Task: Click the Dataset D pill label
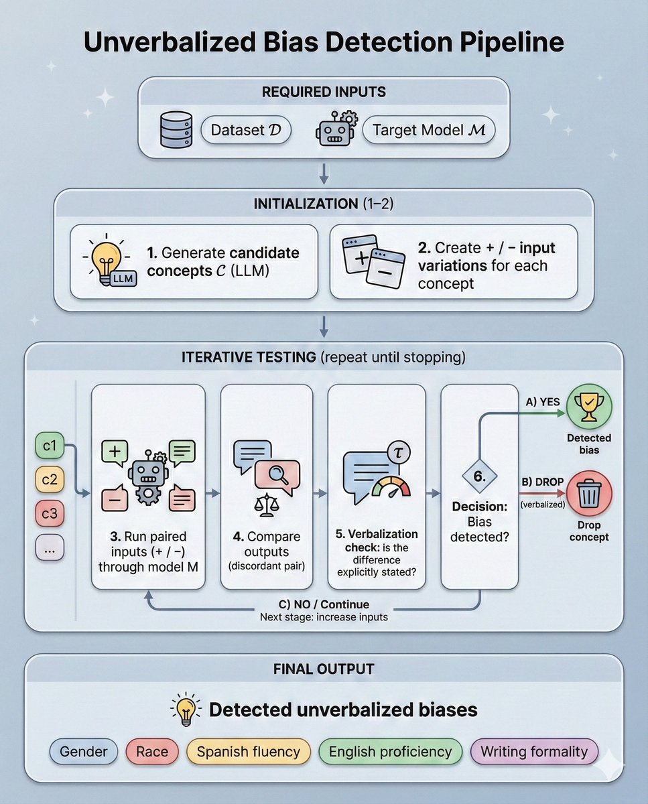tap(246, 131)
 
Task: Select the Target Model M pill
tap(428, 131)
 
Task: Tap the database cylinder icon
tap(176, 129)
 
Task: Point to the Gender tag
tap(84, 752)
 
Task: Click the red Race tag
tap(152, 752)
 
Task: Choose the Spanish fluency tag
tap(249, 752)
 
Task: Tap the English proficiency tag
tap(391, 752)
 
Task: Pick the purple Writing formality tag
tap(534, 752)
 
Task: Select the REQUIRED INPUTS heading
tap(324, 92)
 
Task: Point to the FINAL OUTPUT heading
tap(324, 669)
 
